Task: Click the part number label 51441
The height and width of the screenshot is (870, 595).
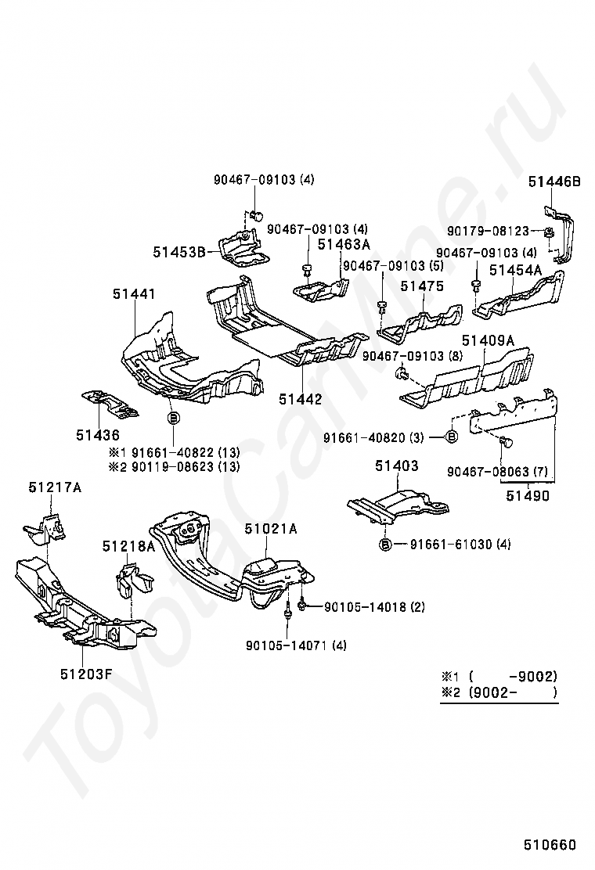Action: pos(134,293)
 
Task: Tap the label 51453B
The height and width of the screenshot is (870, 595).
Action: pos(179,253)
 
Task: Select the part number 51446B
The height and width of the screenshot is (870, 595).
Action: pos(554,182)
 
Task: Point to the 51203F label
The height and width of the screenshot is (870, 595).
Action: pos(87,674)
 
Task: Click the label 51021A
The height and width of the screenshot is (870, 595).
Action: pos(271,529)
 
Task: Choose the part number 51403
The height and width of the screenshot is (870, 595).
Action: pos(397,466)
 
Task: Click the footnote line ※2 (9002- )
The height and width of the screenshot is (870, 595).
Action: pos(499,692)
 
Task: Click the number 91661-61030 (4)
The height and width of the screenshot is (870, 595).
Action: pos(460,545)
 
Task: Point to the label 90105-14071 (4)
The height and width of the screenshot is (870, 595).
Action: pos(297,645)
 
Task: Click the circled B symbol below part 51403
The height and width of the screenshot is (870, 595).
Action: pos(385,545)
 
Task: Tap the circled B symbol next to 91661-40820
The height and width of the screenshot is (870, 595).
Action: pos(452,437)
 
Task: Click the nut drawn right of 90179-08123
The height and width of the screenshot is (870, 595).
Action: pos(548,232)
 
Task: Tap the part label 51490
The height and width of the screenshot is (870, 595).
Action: pos(528,495)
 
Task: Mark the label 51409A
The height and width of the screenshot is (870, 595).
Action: pos(488,340)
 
